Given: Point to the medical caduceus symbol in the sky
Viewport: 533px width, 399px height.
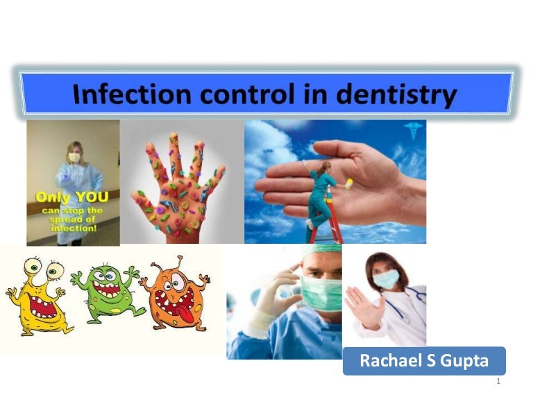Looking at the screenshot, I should point(414,130).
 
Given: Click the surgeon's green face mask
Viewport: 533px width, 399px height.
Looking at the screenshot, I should point(321,292).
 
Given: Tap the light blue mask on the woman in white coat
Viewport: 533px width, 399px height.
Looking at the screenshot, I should point(386,278).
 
